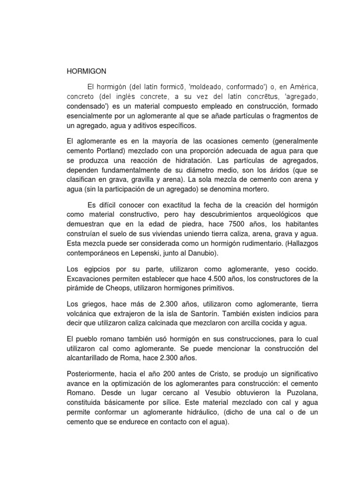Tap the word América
303,87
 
